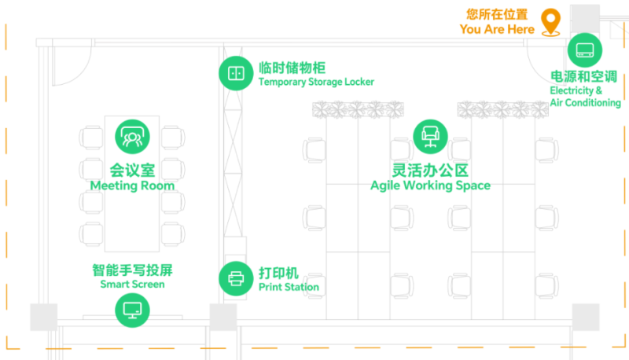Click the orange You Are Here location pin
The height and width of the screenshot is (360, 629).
552,22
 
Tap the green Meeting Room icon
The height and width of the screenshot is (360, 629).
132,137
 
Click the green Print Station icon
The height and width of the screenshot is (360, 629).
235,278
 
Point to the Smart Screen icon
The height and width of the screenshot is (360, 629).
132,310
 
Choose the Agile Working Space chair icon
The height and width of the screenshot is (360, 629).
429,137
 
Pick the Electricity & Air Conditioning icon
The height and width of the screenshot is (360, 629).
584,50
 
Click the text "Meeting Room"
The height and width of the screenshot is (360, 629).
132,186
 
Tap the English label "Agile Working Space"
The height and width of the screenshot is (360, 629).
430,186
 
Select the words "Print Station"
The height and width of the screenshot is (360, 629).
289,287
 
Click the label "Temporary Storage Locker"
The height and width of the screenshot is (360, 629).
316,82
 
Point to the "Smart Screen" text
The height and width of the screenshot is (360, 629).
132,284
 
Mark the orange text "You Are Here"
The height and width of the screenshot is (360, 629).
497,29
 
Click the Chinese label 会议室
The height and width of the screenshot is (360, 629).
132,170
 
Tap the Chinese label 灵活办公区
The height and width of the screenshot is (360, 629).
430,170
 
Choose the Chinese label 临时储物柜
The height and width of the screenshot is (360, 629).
292,68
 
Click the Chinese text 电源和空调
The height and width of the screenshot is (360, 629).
583,77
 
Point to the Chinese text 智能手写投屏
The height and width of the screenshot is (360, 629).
132,270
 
